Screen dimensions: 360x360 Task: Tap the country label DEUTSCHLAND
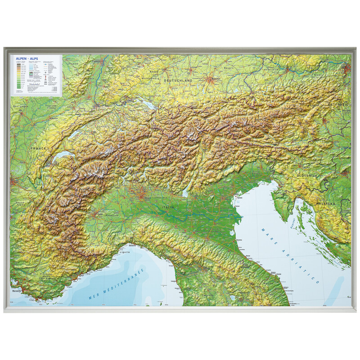(x=178, y=81)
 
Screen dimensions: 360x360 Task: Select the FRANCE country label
(x=39, y=148)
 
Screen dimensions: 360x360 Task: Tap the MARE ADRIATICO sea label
(x=290, y=254)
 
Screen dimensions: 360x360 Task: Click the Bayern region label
(x=229, y=68)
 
